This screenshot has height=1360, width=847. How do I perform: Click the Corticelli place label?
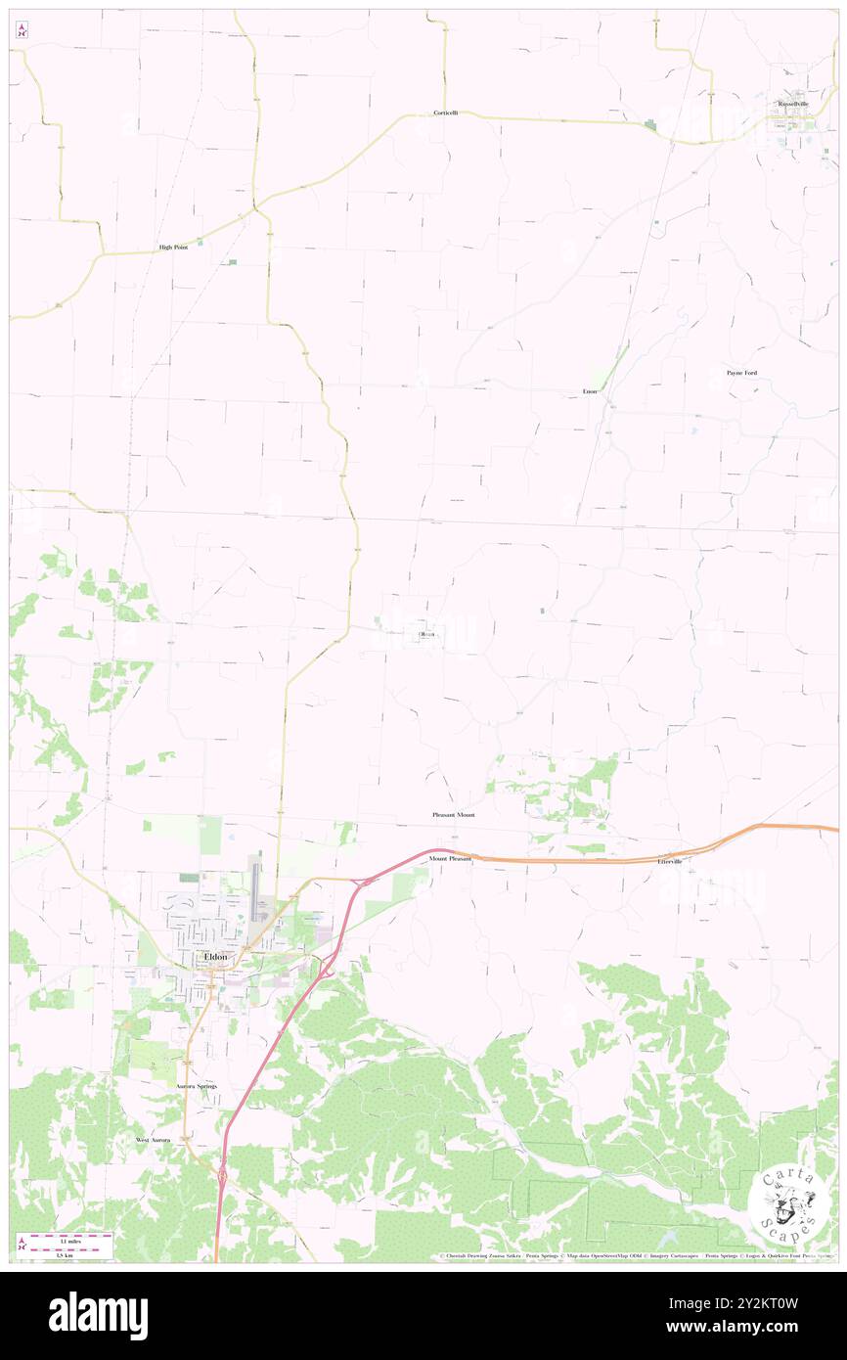(445, 113)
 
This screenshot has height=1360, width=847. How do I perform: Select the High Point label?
(173, 248)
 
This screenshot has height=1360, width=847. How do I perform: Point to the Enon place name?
(590, 391)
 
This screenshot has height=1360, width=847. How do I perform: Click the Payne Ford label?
(741, 373)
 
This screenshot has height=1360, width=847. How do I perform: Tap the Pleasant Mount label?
(453, 815)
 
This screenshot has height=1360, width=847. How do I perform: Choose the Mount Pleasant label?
(450, 859)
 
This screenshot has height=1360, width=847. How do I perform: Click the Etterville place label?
(671, 862)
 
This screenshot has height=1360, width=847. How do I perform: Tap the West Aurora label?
(153, 1141)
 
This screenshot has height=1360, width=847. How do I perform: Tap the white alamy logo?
(98, 1315)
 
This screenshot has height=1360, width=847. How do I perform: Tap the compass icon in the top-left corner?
(22, 30)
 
